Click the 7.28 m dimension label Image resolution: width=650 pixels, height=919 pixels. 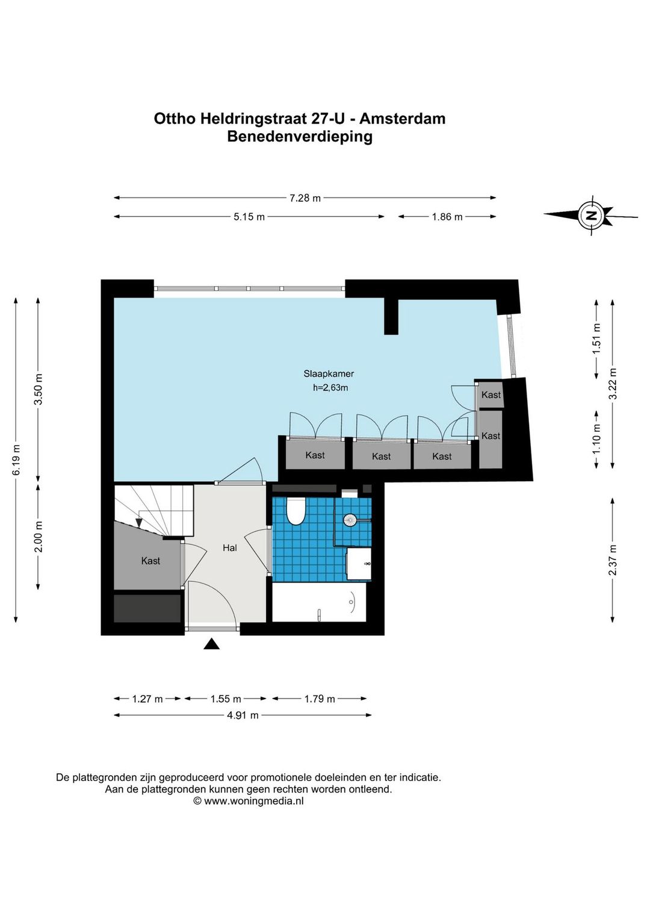point(305,198)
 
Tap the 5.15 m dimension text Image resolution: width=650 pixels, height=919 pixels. point(249,217)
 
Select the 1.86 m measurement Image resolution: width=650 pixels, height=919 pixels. point(447,217)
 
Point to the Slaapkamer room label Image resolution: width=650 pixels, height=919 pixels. point(329,374)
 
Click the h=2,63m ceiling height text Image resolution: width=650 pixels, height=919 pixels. point(330,387)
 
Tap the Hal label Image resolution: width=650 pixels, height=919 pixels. point(230,547)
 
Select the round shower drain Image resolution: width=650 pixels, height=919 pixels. point(350,521)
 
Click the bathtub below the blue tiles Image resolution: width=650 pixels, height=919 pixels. point(319,603)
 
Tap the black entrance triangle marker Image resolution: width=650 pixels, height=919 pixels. point(212,644)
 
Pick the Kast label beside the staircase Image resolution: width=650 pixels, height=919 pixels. point(150,561)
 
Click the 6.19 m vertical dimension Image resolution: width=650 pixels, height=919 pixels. point(16,460)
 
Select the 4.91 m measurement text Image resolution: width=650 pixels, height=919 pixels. point(243,715)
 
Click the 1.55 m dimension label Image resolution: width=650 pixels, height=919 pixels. point(226,699)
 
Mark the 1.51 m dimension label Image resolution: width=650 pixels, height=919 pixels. point(596,339)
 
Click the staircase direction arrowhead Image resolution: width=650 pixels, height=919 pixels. point(140,523)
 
